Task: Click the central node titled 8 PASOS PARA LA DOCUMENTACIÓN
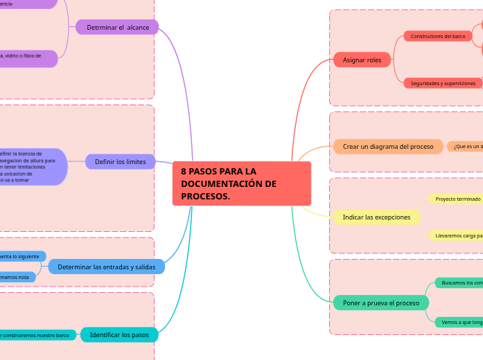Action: point(241,183)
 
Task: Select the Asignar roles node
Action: point(362,60)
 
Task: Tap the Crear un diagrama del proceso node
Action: point(388,147)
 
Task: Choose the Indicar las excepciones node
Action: point(376,217)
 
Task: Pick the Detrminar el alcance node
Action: point(117,27)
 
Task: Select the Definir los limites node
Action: point(120,162)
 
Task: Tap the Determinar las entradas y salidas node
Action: point(106,267)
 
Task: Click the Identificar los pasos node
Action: point(119,335)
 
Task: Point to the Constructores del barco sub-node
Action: point(438,36)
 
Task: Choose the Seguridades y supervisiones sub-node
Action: point(443,83)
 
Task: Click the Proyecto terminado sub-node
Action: point(456,199)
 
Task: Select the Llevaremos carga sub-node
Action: point(456,235)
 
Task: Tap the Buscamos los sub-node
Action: point(459,282)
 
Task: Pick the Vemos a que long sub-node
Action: point(459,322)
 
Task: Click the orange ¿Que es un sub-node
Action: point(466,147)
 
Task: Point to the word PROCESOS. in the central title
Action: point(205,197)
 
